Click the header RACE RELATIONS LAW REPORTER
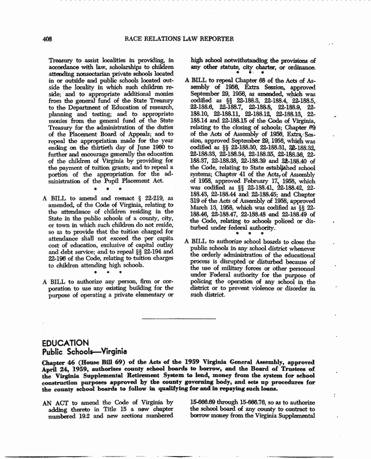(x=179, y=39)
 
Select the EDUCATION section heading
(x=65, y=343)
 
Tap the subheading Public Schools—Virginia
(x=84, y=351)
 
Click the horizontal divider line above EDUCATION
(x=178, y=319)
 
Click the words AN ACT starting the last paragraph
(x=54, y=403)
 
